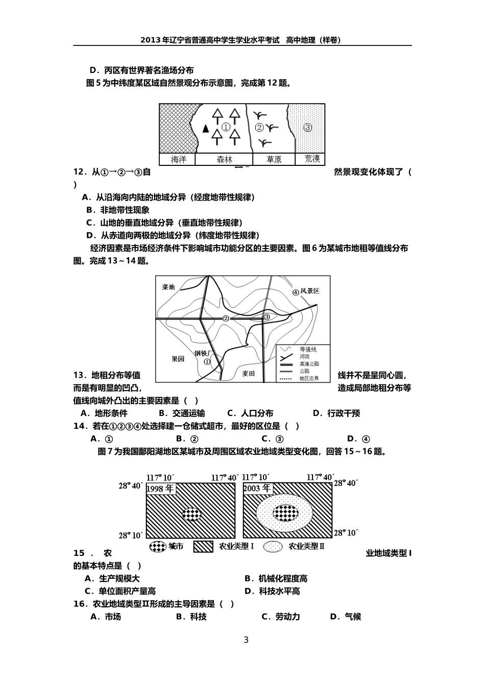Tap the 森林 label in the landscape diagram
coord(224,159)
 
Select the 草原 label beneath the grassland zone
coord(274,159)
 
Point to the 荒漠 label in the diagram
coord(312,159)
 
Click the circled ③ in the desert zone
coord(307,128)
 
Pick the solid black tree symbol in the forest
coord(206,128)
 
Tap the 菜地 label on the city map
coord(168,287)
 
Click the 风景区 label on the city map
coord(309,291)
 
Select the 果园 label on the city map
coord(178,359)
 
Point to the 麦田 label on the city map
coord(249,374)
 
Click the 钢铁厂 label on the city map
coord(202,353)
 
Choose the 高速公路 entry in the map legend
coord(309,364)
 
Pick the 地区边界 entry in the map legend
coord(309,378)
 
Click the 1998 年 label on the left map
coord(161,488)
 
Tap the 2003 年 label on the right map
coord(257,488)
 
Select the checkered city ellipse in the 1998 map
coord(191,514)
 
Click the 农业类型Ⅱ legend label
coord(306,546)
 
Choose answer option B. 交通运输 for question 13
coord(182,413)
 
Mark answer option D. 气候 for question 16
coord(346,617)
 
